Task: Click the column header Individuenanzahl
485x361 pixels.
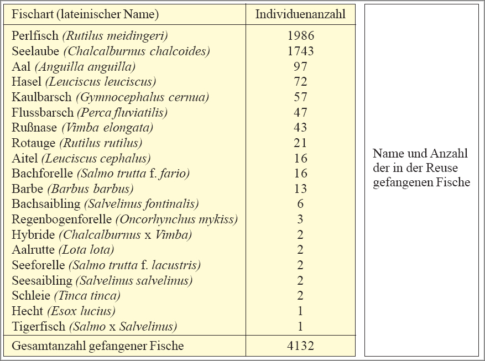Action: click(300, 14)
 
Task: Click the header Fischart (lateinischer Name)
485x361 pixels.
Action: click(85, 14)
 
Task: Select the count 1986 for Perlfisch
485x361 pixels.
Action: click(300, 36)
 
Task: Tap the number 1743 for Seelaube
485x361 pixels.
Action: click(300, 51)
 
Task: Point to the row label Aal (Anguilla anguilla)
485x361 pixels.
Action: click(74, 67)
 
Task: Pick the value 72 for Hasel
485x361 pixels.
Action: click(300, 82)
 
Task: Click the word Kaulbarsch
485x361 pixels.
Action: click(41, 97)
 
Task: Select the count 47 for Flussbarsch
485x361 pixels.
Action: click(300, 113)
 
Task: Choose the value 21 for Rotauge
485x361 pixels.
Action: click(300, 143)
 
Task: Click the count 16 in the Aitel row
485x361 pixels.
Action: click(300, 159)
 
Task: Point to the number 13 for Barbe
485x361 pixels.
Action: click(300, 189)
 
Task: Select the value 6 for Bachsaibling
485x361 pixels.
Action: click(300, 204)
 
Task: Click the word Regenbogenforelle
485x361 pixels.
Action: click(62, 219)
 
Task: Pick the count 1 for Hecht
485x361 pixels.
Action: click(300, 311)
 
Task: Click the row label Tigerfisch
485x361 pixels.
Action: click(38, 326)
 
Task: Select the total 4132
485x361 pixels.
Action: click(300, 347)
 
